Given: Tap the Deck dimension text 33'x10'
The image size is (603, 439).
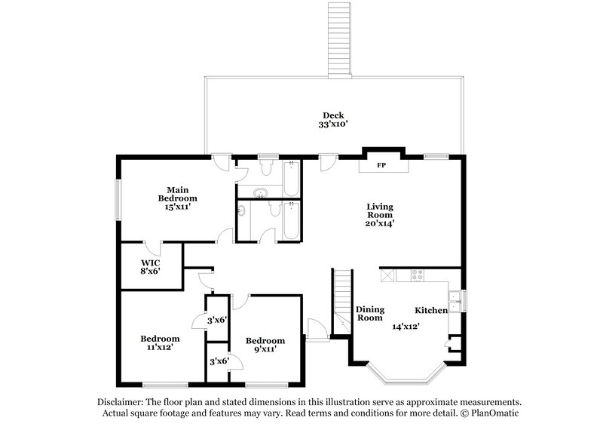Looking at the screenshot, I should pyautogui.click(x=334, y=126).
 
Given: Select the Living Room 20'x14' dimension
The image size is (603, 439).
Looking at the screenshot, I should pyautogui.click(x=381, y=223).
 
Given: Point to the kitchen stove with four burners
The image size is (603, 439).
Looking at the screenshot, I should pyautogui.click(x=416, y=275).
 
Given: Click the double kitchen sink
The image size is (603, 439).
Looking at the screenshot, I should pyautogui.click(x=455, y=296).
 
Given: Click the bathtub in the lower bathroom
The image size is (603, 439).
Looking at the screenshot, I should pyautogui.click(x=291, y=221).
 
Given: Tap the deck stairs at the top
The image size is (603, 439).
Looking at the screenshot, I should pyautogui.click(x=338, y=38).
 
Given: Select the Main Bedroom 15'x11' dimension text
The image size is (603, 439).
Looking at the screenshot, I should pyautogui.click(x=177, y=207).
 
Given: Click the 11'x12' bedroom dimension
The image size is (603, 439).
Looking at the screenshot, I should pyautogui.click(x=159, y=348).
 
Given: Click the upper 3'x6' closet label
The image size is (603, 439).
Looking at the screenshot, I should pyautogui.click(x=217, y=321).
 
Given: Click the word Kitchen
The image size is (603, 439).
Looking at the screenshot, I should pyautogui.click(x=431, y=310).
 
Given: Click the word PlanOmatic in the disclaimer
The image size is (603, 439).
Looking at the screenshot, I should pyautogui.click(x=493, y=413).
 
